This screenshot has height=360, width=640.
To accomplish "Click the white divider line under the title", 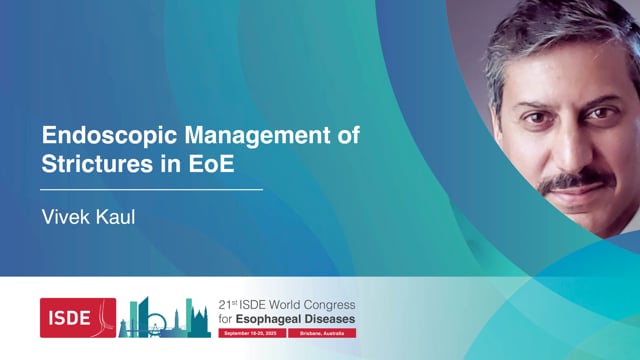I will (x=151, y=188).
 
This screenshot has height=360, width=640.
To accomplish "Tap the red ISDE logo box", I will (x=77, y=317).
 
